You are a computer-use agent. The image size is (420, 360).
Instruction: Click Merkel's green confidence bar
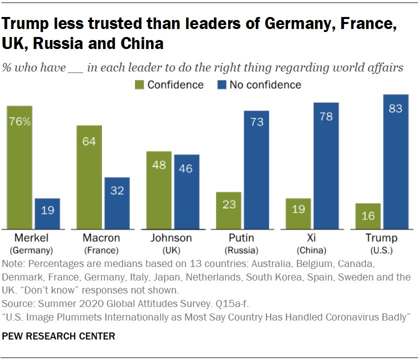tap(19, 167)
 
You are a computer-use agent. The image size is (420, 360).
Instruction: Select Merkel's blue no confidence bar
tap(47, 214)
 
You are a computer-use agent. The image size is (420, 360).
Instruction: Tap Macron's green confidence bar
tap(89, 177)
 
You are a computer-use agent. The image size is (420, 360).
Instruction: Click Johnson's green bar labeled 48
tap(159, 190)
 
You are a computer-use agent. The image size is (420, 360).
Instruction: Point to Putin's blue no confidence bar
tap(256, 170)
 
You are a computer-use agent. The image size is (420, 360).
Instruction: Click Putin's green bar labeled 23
tap(228, 210)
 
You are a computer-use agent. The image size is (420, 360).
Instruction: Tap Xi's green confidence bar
tap(298, 214)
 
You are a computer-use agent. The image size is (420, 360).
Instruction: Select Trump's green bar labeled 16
tap(368, 216)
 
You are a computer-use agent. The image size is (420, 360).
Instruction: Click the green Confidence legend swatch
tap(139, 85)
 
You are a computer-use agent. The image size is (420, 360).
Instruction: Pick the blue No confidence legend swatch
tap(222, 85)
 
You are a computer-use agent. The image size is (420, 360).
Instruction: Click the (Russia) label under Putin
tap(241, 250)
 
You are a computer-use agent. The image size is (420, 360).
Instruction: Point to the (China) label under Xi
tap(311, 250)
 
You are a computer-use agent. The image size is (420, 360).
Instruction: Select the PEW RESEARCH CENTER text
tap(58, 336)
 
